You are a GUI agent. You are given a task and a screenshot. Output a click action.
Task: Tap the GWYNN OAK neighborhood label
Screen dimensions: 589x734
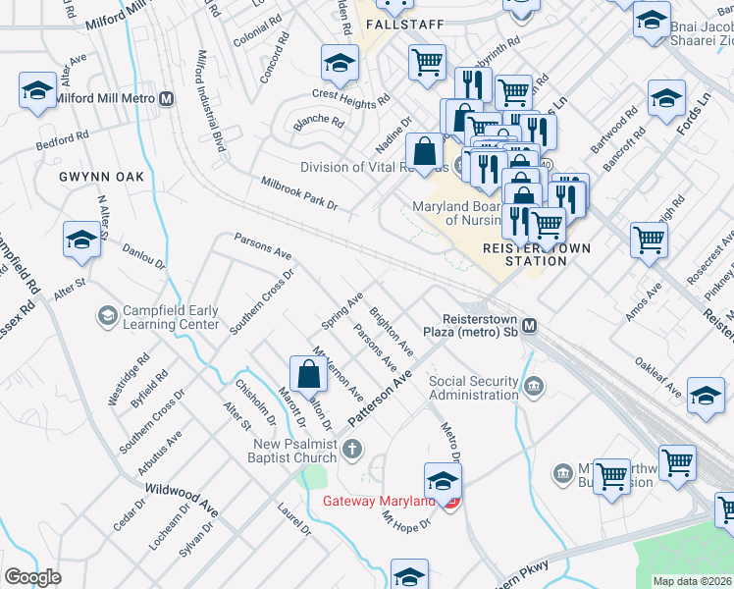click(101, 177)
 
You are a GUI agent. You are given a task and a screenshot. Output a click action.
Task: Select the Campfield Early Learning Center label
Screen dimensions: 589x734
click(170, 316)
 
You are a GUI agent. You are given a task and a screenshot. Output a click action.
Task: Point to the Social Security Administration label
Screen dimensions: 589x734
click(473, 388)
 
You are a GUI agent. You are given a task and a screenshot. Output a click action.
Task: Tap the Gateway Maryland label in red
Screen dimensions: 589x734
click(379, 502)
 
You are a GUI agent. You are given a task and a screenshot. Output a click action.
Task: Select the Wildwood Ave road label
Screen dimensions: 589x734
click(182, 498)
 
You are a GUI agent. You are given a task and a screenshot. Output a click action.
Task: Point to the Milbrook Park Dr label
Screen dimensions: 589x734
click(299, 193)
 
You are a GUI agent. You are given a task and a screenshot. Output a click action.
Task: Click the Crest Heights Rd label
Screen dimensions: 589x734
click(350, 96)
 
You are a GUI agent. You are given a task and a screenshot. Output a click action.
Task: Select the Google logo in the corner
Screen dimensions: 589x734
click(32, 576)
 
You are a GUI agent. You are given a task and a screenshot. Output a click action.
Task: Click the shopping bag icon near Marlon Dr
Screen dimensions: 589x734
click(308, 375)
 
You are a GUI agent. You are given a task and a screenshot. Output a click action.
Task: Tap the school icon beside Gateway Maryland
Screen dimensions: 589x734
click(443, 482)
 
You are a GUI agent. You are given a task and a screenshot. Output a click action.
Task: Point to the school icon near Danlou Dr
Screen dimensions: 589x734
click(82, 240)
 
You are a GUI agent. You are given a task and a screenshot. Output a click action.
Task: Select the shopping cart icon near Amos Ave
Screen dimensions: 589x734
click(649, 240)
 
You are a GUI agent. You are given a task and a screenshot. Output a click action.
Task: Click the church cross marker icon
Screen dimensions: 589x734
click(352, 449)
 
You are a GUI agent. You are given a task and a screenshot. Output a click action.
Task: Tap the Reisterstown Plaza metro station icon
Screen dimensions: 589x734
click(530, 326)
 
